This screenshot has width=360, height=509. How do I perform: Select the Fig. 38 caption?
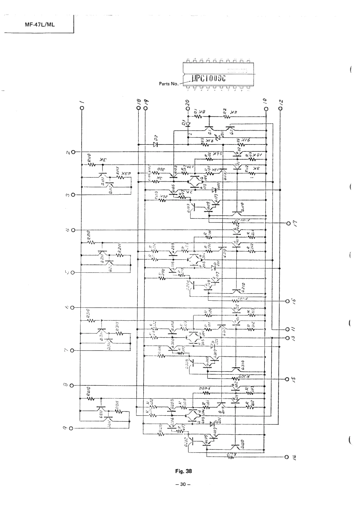pos(183,471)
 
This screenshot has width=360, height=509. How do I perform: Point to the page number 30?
pos(183,484)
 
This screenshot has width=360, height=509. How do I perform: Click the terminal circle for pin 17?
pos(288,223)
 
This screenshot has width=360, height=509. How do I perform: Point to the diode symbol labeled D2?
pos(155,145)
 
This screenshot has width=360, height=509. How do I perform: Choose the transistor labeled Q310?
pos(237,369)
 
